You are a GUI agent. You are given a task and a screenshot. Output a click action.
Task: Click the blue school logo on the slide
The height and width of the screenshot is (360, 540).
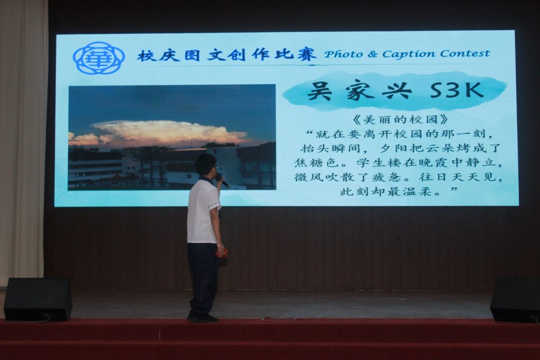pos(99,58)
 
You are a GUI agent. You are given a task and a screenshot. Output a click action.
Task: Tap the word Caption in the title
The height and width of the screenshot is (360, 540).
pos(409,54)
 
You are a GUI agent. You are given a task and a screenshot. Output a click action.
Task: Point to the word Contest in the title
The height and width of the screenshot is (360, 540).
pos(465,53)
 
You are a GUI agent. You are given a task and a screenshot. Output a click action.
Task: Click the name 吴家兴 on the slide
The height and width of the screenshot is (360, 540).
pos(359,91)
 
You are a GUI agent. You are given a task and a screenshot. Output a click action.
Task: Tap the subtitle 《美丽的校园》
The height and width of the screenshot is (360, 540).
pos(401,120)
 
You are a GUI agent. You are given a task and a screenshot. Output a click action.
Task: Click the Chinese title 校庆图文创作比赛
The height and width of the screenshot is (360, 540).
pos(226,54)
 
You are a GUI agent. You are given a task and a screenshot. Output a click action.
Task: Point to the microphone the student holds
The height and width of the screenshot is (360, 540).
pos(222,180)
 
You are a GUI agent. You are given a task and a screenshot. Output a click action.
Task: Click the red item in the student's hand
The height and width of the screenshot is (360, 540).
pos(222,254)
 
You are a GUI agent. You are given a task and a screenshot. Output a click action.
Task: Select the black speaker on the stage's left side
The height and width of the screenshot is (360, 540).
pos(38,299)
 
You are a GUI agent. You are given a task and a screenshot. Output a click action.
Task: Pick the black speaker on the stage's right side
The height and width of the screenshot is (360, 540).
pos(516,300)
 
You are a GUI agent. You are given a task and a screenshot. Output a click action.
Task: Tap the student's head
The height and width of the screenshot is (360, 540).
pos(206,165)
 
